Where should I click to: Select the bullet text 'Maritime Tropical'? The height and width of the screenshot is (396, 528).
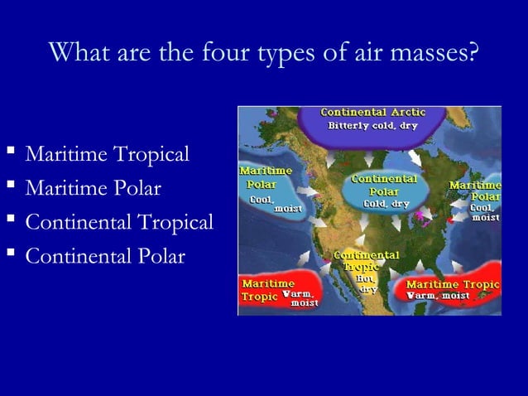click(108, 155)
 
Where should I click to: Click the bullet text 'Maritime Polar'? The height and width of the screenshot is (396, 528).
click(93, 189)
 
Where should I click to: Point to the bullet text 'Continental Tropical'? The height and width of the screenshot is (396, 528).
click(119, 223)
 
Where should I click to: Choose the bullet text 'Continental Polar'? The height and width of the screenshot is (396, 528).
click(105, 256)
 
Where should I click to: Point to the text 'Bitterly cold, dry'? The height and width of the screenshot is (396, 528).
click(372, 126)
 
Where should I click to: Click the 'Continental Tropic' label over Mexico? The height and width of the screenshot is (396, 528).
click(365, 261)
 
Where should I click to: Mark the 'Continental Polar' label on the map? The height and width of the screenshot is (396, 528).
click(383, 185)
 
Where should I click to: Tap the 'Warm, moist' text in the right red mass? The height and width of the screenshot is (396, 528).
click(438, 296)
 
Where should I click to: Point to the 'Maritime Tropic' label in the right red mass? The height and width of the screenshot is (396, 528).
click(452, 284)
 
